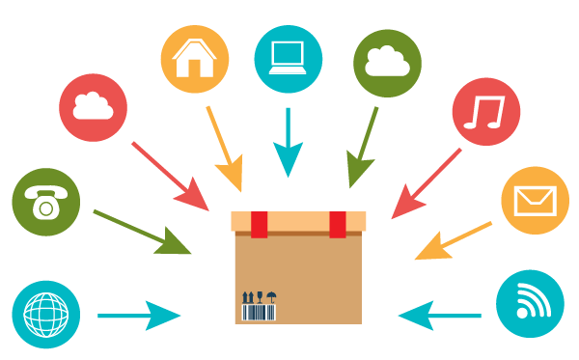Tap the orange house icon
point(195,59)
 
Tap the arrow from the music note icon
point(426,183)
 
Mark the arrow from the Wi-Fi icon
point(440,314)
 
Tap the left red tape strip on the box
point(260,224)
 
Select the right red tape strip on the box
point(337,224)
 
